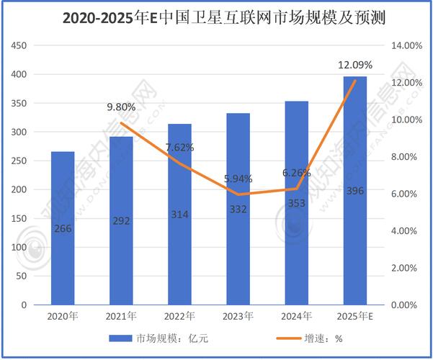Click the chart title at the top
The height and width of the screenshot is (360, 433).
[x=216, y=17]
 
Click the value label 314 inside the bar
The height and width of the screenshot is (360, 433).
[x=179, y=215]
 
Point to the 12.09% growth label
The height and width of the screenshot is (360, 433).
[x=354, y=66]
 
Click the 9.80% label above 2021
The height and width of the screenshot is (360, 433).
[x=121, y=107]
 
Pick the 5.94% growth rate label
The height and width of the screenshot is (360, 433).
[x=238, y=179]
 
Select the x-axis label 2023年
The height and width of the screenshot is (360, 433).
[x=238, y=316]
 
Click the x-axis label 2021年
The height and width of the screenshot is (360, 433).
[x=121, y=316]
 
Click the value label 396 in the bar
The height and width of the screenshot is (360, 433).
[x=354, y=210]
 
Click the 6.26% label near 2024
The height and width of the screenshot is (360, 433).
[x=296, y=173]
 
